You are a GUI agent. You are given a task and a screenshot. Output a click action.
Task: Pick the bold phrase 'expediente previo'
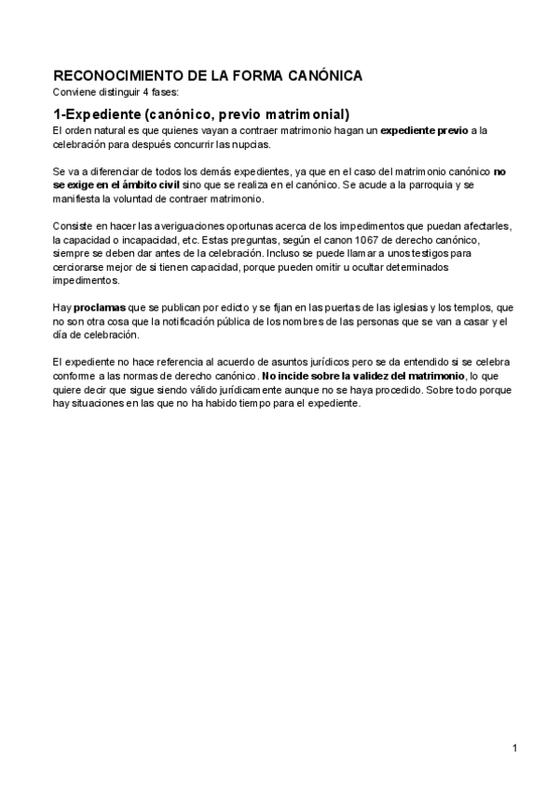tap(425, 131)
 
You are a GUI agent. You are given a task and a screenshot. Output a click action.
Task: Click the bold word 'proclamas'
tap(101, 307)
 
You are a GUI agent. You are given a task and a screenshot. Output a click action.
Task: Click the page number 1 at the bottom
tap(514, 747)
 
